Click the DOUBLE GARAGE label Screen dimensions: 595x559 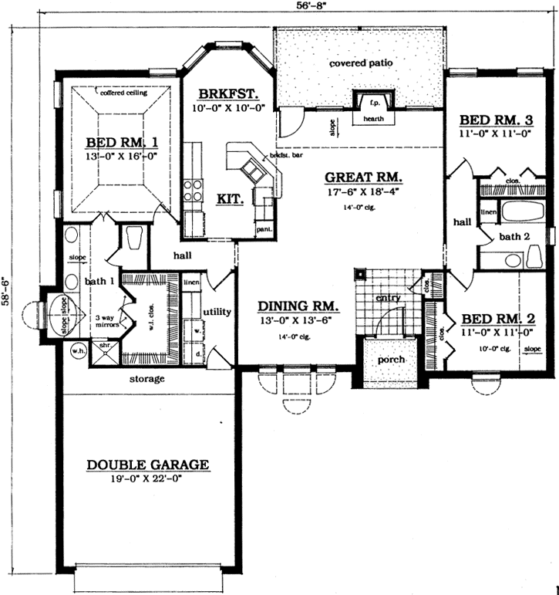click(147, 465)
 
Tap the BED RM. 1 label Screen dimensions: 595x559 click(123, 142)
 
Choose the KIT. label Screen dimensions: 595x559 click(231, 198)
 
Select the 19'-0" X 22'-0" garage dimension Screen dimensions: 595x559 click(147, 478)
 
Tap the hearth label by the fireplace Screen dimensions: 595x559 click(373, 120)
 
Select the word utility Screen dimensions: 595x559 click(217, 312)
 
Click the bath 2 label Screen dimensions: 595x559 click(514, 236)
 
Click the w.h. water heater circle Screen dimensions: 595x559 click(78, 351)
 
